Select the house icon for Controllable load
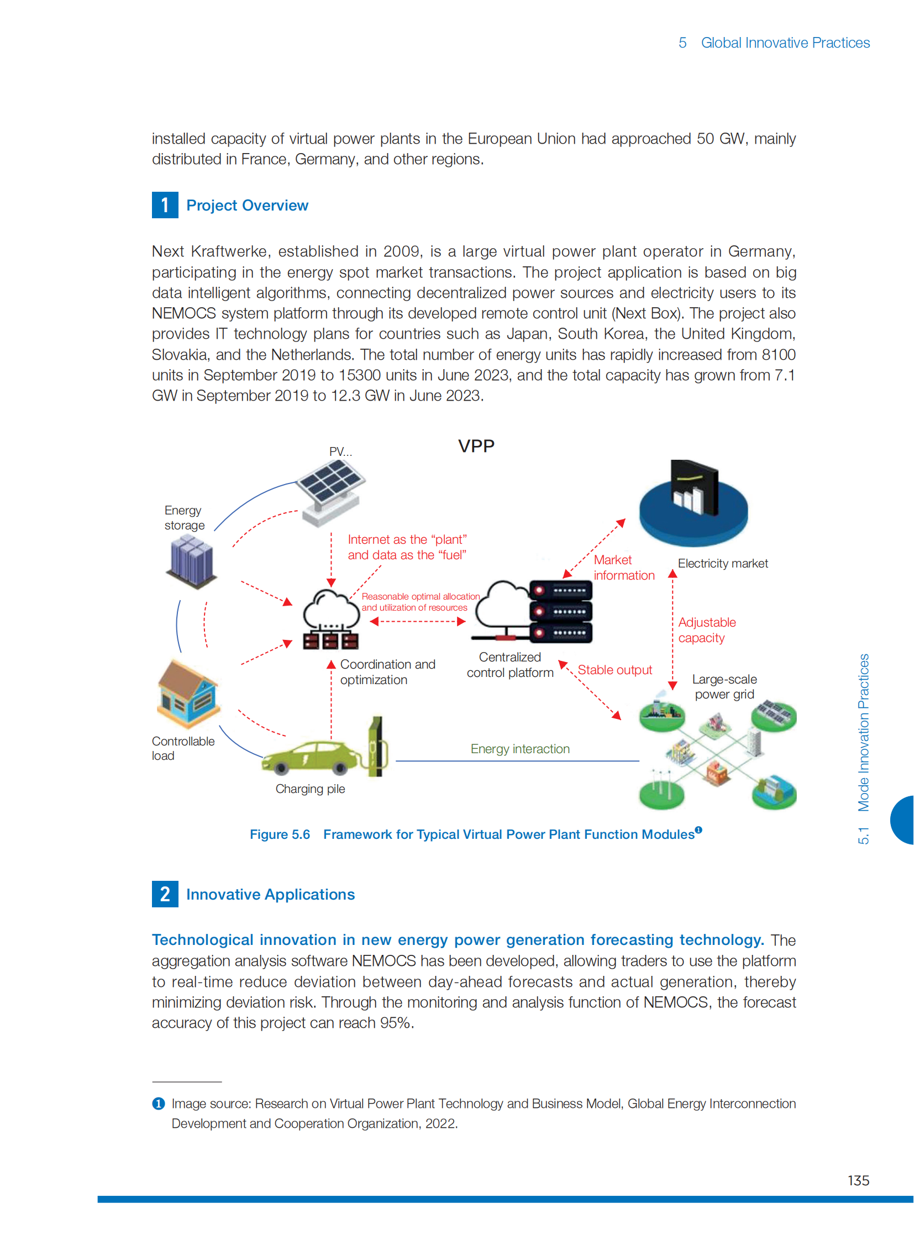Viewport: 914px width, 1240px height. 188,693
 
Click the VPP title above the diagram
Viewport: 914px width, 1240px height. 476,446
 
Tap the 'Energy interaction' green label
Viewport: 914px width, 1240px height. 520,749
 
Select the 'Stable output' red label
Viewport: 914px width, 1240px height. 614,670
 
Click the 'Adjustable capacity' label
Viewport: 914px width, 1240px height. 707,630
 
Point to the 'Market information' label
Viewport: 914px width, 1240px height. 623,568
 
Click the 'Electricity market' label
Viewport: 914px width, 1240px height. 723,563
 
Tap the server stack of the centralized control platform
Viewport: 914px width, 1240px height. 560,611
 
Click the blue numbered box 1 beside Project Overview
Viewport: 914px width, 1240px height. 165,205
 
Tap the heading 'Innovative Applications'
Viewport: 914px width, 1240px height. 270,894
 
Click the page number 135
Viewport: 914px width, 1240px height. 858,1180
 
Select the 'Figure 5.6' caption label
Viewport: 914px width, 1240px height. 280,834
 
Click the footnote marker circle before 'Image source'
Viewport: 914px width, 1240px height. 158,1104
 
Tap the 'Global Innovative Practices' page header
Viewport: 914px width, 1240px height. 785,43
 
